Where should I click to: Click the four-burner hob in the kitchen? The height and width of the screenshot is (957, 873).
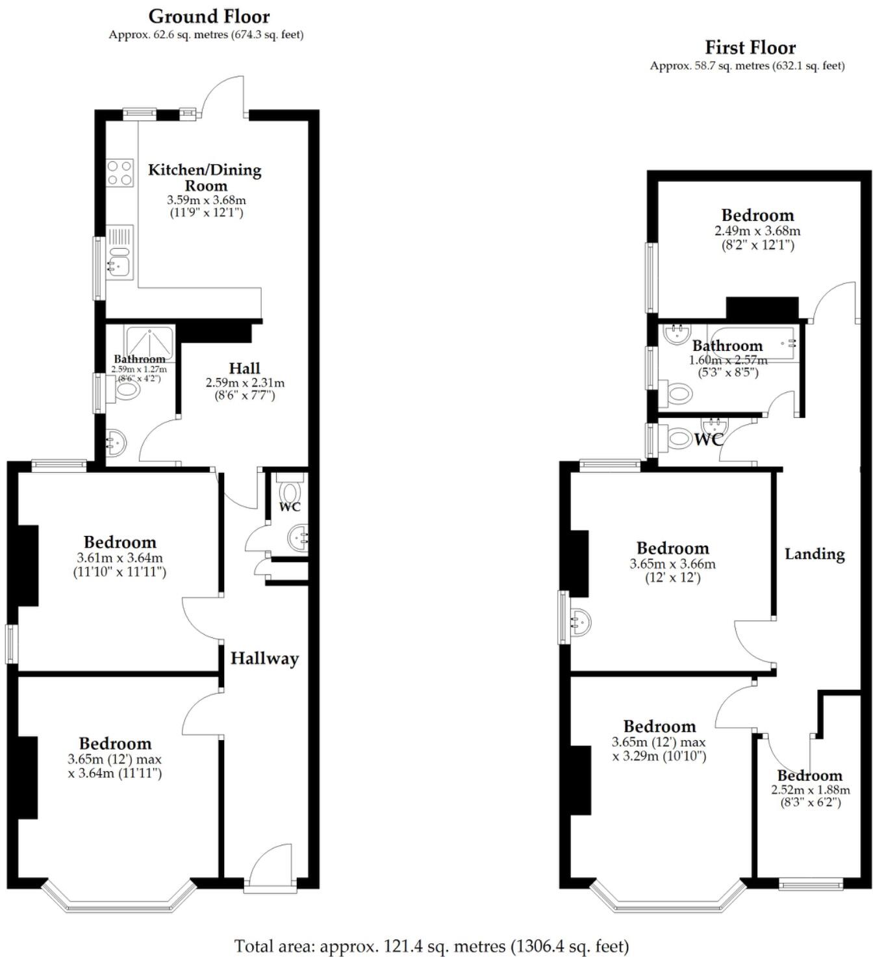coord(120,173)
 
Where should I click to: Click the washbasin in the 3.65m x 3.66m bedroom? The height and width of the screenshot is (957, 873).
coord(579,622)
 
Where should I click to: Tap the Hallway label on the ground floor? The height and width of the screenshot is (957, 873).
coord(264,658)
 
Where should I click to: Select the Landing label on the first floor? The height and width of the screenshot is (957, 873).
coord(815,554)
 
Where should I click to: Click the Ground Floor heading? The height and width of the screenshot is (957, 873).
coord(209,16)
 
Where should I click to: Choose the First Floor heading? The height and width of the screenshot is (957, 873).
coord(750,47)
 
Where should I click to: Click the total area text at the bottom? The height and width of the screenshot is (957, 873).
coord(431,946)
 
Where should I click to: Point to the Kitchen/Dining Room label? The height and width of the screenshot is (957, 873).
coord(205,177)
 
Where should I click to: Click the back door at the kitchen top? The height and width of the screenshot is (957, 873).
coord(224,97)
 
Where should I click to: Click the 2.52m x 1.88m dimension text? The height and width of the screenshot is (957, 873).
coord(810,790)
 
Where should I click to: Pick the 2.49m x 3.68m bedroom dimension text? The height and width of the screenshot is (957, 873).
coord(757,231)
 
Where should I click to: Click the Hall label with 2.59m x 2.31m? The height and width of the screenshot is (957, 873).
coord(244,368)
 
